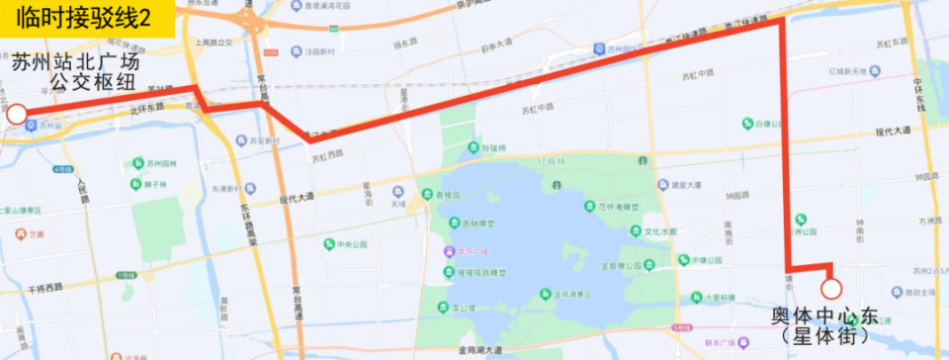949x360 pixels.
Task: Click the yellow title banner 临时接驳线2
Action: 87,19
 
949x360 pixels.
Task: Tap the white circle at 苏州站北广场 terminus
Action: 16,115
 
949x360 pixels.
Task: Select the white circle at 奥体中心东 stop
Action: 831,288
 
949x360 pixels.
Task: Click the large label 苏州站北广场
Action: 77,61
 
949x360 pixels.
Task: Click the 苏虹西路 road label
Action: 327,154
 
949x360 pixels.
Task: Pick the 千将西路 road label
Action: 45,288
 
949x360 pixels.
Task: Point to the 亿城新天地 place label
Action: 847,72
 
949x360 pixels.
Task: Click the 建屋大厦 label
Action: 685,184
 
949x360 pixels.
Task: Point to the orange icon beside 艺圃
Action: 22,234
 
